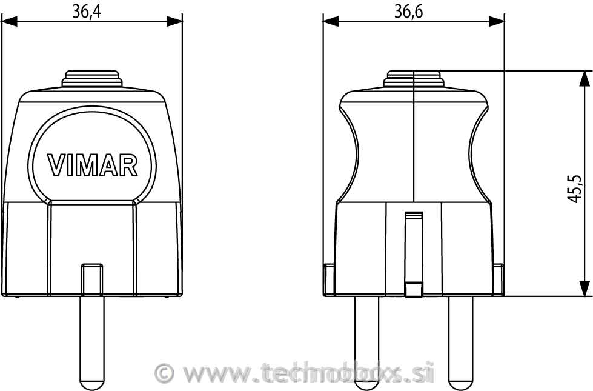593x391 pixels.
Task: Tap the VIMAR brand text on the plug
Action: click(x=93, y=164)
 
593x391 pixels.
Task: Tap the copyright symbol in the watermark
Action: click(x=164, y=373)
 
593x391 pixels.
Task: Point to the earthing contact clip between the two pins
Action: click(x=414, y=255)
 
